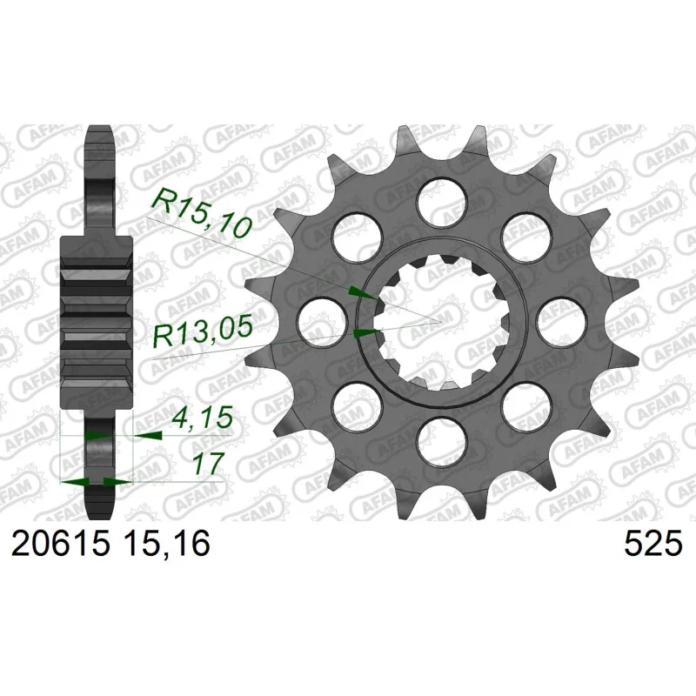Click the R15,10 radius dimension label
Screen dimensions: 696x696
(x=203, y=213)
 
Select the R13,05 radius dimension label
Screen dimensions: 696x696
(x=203, y=331)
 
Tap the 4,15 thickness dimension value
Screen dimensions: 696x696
(x=203, y=418)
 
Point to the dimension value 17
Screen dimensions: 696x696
(x=207, y=463)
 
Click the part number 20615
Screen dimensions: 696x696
(x=60, y=545)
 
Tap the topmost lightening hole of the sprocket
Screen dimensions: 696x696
(x=442, y=202)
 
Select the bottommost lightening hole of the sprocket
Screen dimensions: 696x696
(x=442, y=442)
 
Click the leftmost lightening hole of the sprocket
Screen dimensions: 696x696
(x=322, y=322)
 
